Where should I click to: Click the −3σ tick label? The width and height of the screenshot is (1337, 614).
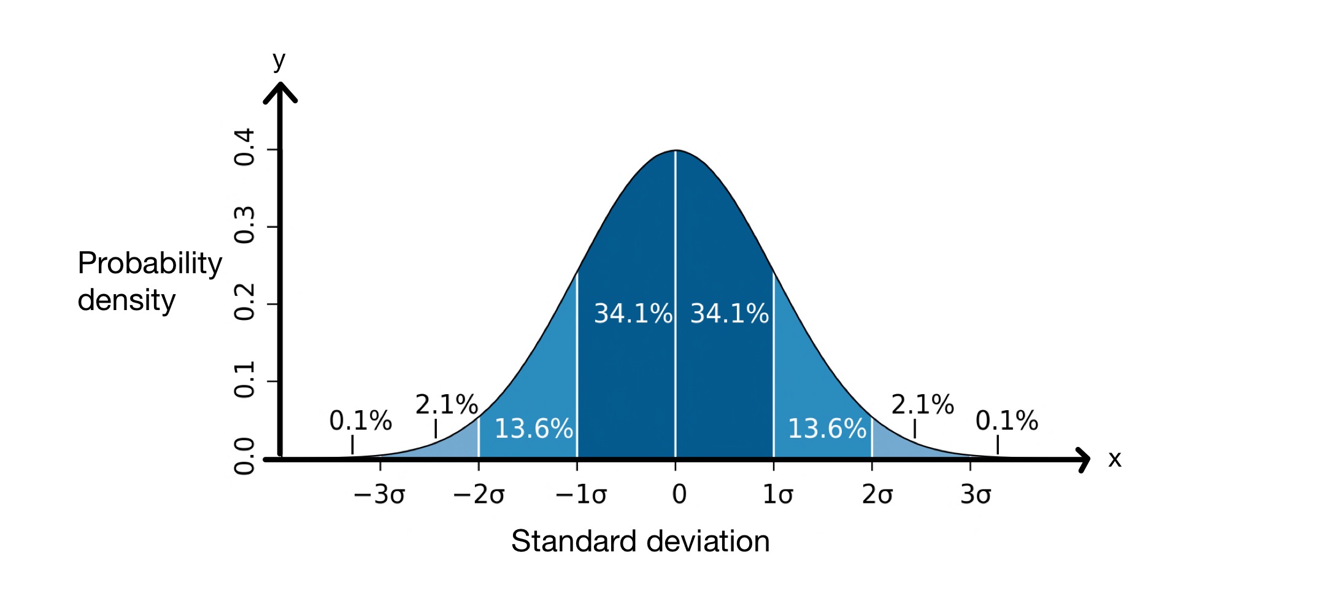[379, 495]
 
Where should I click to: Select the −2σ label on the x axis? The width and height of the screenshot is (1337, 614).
[479, 495]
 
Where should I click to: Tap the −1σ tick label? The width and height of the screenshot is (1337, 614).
[580, 495]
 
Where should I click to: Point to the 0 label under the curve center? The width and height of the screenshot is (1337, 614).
[679, 495]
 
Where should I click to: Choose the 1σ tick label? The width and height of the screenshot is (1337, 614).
[777, 495]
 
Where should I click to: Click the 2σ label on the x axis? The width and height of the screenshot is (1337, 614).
[877, 495]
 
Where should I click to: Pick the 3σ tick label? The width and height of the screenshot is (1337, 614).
[975, 495]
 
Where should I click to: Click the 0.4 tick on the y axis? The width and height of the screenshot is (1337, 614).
[245, 148]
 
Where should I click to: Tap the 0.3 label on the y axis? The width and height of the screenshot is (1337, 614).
[245, 225]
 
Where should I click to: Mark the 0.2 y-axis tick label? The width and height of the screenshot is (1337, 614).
[245, 303]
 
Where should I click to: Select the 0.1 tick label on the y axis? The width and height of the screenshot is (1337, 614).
[245, 380]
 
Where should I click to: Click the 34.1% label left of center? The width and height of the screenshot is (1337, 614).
[633, 314]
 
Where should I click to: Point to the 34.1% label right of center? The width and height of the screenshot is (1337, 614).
[729, 314]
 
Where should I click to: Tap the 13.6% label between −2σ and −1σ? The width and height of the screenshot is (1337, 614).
[533, 429]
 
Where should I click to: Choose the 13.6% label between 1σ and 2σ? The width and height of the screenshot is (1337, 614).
[826, 429]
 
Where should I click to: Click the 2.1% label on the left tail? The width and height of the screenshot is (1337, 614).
[446, 405]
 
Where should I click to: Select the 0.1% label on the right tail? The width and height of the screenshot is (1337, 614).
[1006, 421]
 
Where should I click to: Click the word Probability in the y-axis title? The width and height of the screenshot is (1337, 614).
[150, 263]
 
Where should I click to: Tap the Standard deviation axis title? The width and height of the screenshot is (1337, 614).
[640, 542]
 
